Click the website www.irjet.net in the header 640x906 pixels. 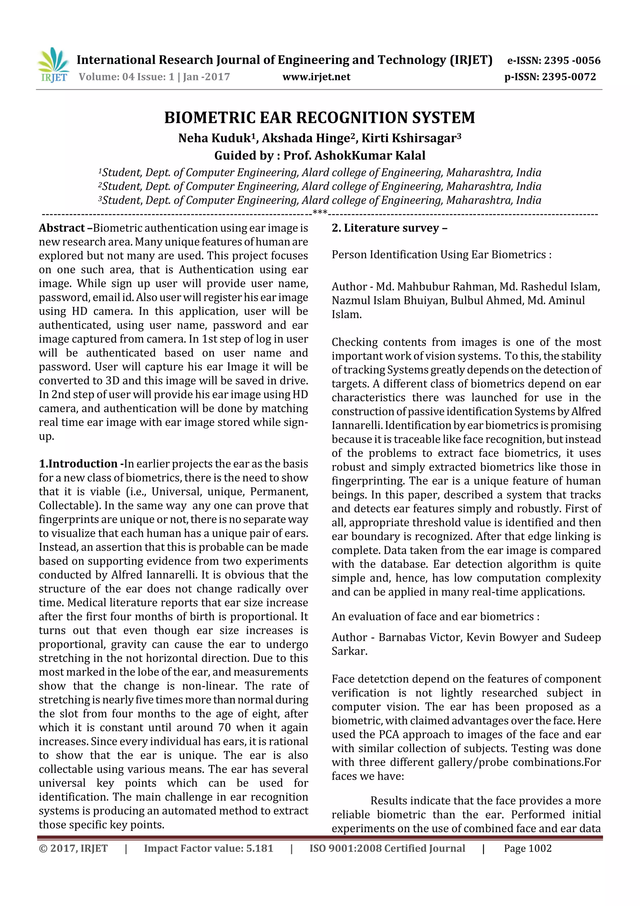(x=316, y=77)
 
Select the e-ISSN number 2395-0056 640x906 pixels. (x=572, y=60)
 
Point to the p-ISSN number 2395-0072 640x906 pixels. (x=569, y=77)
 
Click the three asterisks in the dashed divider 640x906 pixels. (x=320, y=213)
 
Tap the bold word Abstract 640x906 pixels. (x=62, y=228)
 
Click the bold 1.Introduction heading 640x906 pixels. (x=78, y=464)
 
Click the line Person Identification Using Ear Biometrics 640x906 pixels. (x=441, y=255)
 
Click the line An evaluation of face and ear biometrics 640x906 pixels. (x=435, y=616)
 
